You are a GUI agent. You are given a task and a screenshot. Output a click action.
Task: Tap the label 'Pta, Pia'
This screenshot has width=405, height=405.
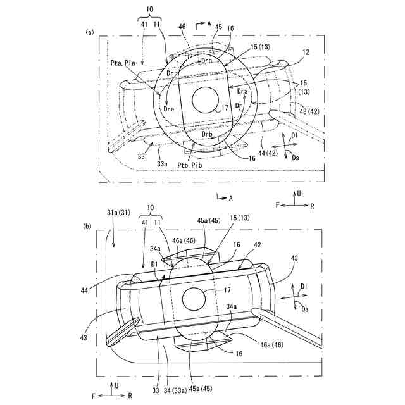[123, 63]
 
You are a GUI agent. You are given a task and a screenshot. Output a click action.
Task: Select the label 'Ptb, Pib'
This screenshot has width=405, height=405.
[190, 165]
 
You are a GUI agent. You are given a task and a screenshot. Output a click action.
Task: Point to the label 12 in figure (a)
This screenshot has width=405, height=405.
[306, 52]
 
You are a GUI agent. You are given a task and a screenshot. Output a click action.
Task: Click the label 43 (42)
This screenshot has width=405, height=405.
[309, 111]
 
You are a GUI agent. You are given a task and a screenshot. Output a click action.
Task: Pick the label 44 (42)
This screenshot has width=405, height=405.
[268, 153]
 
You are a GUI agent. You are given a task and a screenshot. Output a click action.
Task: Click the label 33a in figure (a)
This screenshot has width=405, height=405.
[162, 164]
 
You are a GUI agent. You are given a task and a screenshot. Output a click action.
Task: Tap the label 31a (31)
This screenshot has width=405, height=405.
[118, 213]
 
